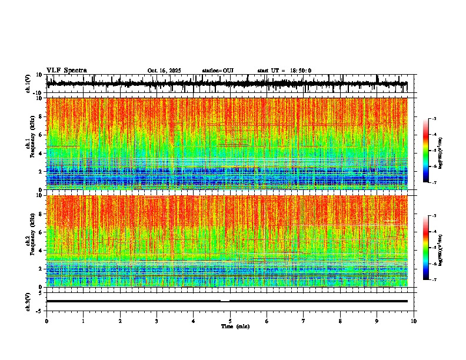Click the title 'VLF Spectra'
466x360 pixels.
click(x=66, y=70)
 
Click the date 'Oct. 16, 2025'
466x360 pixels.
click(x=164, y=71)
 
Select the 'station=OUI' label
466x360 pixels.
click(x=218, y=71)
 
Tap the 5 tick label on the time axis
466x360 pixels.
click(x=230, y=321)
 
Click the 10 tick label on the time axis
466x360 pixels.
click(x=414, y=321)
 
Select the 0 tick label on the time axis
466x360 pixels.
click(x=46, y=321)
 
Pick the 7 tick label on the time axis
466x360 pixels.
click(x=304, y=321)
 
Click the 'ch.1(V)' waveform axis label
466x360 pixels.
click(x=28, y=84)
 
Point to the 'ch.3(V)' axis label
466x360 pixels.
click(x=28, y=301)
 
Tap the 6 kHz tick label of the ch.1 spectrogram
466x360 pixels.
click(x=40, y=135)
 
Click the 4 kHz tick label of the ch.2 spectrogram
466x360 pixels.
click(x=40, y=251)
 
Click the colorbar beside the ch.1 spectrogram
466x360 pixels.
click(x=426, y=151)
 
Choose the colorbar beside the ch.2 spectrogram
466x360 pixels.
click(x=426, y=248)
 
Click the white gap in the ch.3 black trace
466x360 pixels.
click(x=225, y=301)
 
